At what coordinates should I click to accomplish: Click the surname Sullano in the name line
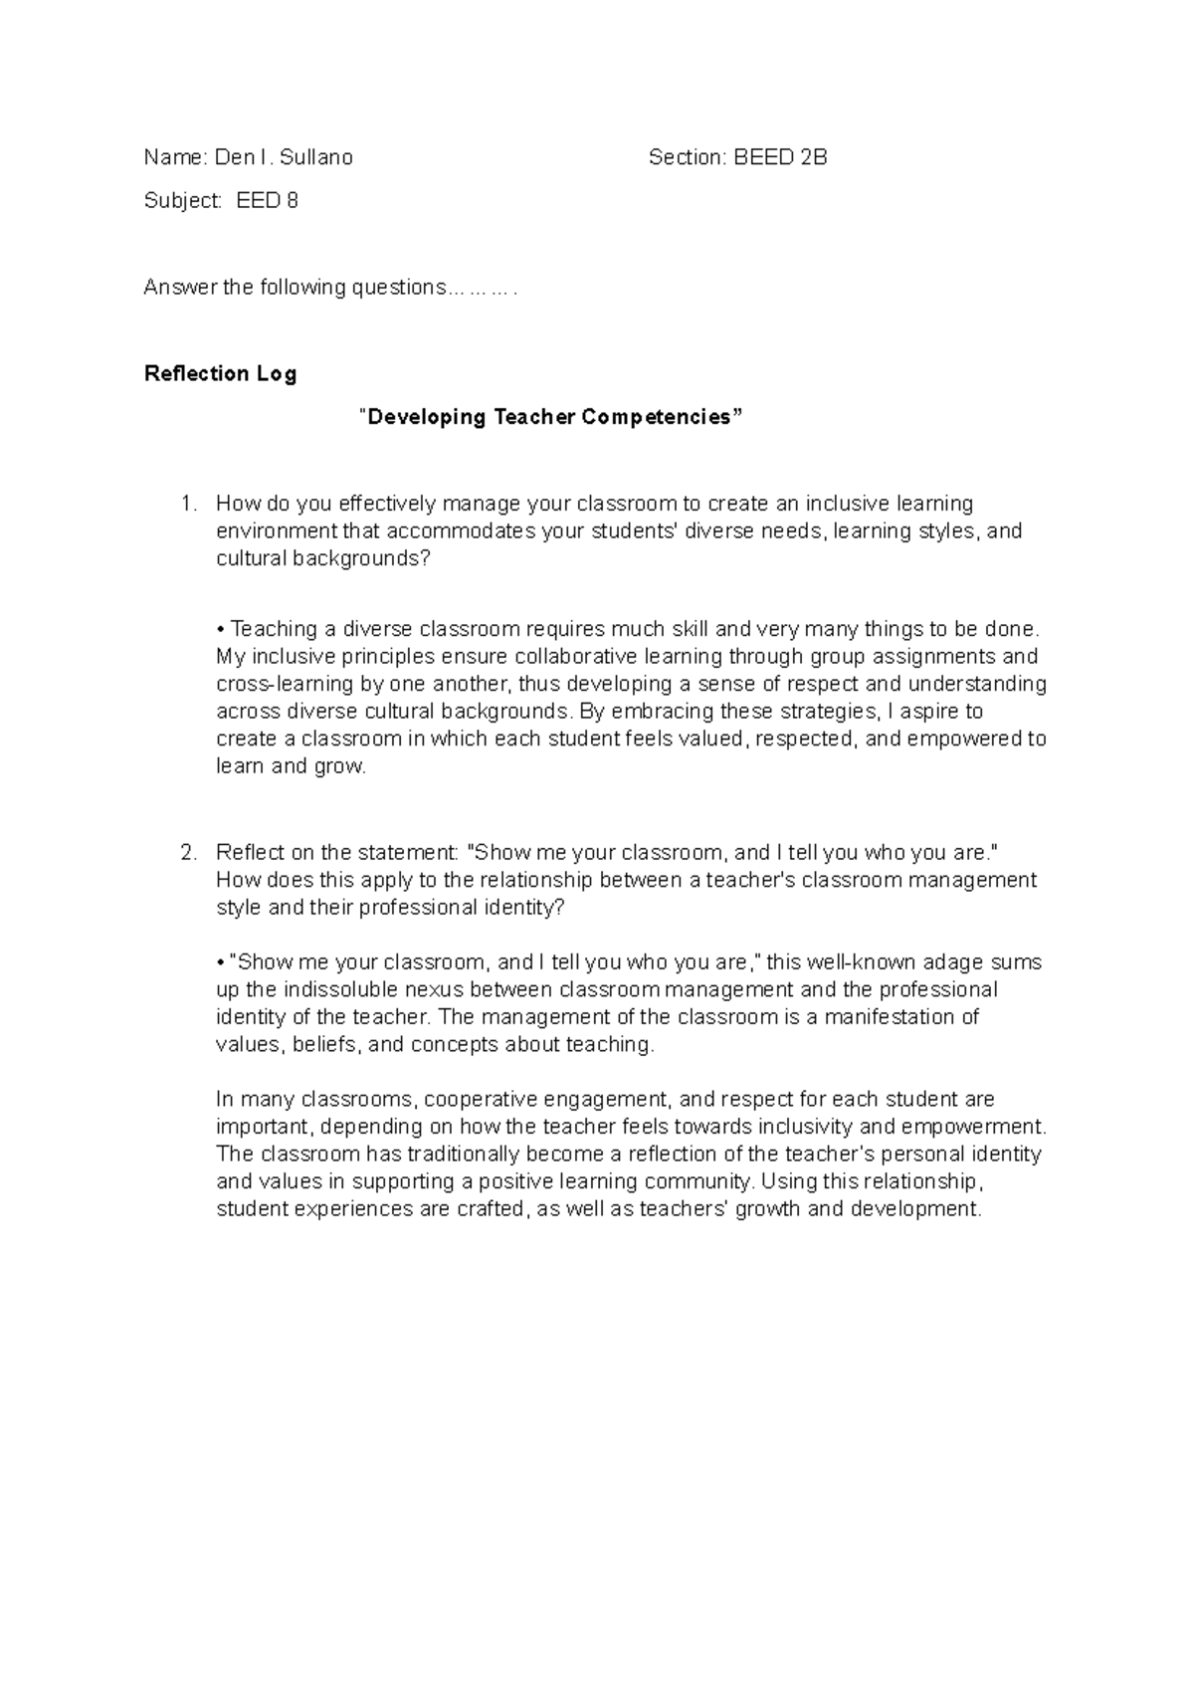click(316, 157)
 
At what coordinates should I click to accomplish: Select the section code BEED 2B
click(781, 157)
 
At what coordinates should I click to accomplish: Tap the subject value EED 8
click(267, 201)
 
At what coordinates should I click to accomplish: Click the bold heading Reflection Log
click(220, 374)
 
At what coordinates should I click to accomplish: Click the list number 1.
click(189, 504)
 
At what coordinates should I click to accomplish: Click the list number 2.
click(189, 853)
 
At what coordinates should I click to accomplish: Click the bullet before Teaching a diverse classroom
click(221, 630)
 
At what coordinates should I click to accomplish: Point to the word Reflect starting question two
click(250, 853)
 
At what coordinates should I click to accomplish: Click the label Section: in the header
click(687, 157)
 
